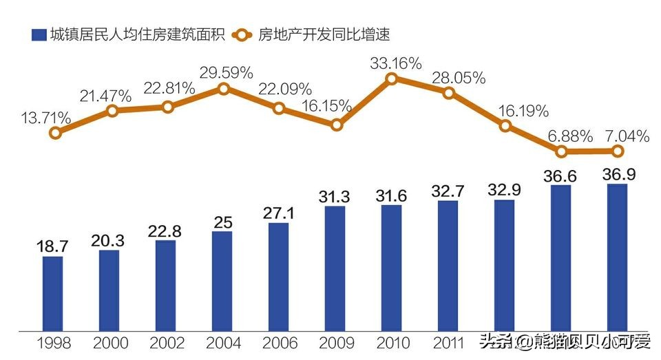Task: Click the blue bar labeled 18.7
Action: pyautogui.click(x=52, y=293)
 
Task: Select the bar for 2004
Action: pyautogui.click(x=222, y=280)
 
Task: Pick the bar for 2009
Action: pyautogui.click(x=335, y=268)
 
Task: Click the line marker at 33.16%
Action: pyautogui.click(x=392, y=79)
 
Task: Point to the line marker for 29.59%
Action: pyautogui.click(x=223, y=89)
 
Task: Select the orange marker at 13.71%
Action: pyautogui.click(x=55, y=133)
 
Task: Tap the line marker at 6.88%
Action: pyautogui.click(x=562, y=151)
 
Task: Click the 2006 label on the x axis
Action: pyautogui.click(x=279, y=342)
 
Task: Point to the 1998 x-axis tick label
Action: pyautogui.click(x=53, y=342)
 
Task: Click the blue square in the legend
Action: pyautogui.click(x=39, y=34)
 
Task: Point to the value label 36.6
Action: pyautogui.click(x=561, y=176)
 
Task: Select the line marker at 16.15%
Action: pyautogui.click(x=336, y=125)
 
